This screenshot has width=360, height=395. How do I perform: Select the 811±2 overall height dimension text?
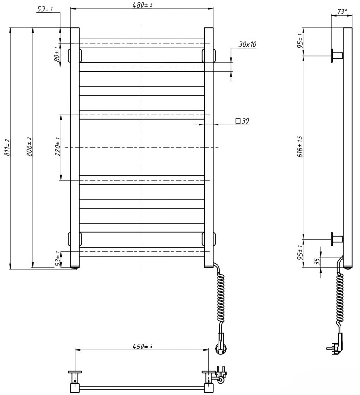coord(7,148)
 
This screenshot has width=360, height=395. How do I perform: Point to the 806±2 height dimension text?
coord(29,148)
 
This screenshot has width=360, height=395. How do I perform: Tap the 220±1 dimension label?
coord(57,147)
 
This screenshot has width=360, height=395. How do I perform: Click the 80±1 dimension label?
coord(57,54)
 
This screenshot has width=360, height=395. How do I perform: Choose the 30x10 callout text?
coord(247,44)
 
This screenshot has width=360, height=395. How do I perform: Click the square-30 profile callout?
coord(242,121)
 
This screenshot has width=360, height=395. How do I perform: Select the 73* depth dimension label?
coord(341,11)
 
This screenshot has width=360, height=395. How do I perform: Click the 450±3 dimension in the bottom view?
coord(142,346)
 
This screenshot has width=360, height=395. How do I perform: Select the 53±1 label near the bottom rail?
coord(57,259)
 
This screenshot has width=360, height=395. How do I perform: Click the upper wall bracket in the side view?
coord(336,56)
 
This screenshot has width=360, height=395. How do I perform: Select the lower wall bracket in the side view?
coord(336,239)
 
